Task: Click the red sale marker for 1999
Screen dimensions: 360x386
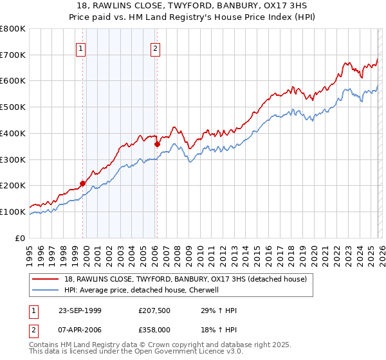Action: pyautogui.click(x=83, y=183)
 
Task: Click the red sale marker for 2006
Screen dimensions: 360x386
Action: pyautogui.click(x=157, y=144)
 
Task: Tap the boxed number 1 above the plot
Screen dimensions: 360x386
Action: pyautogui.click(x=81, y=47)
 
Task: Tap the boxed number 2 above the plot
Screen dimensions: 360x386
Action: pyautogui.click(x=156, y=47)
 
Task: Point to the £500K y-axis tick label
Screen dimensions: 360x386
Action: pyautogui.click(x=13, y=107)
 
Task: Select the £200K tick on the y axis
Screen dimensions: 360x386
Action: pyautogui.click(x=13, y=185)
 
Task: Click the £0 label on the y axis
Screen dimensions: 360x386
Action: pyautogui.click(x=21, y=238)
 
